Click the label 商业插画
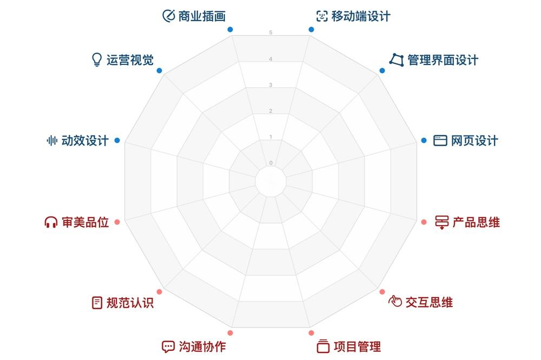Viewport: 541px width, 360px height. pyautogui.click(x=202, y=16)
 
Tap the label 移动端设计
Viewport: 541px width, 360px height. pyautogui.click(x=361, y=16)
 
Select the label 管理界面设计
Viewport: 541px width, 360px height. pyautogui.click(x=443, y=60)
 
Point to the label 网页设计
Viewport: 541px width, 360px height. pyautogui.click(x=474, y=141)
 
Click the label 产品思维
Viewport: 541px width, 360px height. pyautogui.click(x=476, y=222)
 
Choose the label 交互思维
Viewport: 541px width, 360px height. pyautogui.click(x=429, y=302)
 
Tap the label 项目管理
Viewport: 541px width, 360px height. pyautogui.click(x=358, y=346)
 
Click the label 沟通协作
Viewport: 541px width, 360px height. pyautogui.click(x=202, y=346)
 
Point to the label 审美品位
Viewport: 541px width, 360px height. pyautogui.click(x=85, y=222)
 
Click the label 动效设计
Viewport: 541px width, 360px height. pyautogui.click(x=85, y=141)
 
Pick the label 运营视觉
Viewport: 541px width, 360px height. pyautogui.click(x=130, y=60)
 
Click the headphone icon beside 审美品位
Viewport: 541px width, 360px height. pyautogui.click(x=51, y=222)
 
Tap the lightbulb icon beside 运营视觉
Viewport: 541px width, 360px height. pyautogui.click(x=97, y=60)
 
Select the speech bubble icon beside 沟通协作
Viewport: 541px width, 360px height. pyautogui.click(x=168, y=346)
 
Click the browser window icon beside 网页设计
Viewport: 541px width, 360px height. pyautogui.click(x=440, y=141)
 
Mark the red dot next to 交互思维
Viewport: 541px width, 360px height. pyautogui.click(x=382, y=292)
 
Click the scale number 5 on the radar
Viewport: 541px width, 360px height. pyautogui.click(x=271, y=32)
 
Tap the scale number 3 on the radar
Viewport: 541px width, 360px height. pyautogui.click(x=271, y=85)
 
